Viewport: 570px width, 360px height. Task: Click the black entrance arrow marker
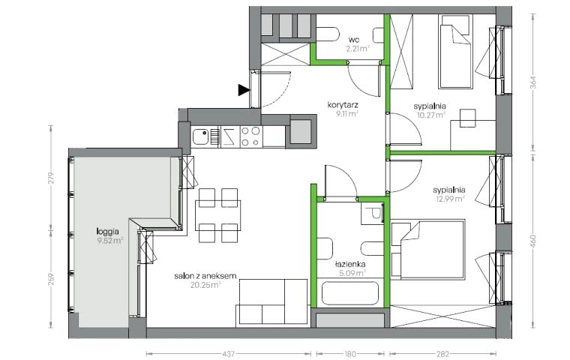pyautogui.click(x=244, y=90)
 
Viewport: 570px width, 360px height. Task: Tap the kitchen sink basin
pyautogui.click(x=200, y=136)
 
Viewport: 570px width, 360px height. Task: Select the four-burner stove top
pyautogui.click(x=251, y=136)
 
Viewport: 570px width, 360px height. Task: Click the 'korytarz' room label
pyautogui.click(x=343, y=105)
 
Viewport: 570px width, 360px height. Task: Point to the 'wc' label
pyautogui.click(x=353, y=39)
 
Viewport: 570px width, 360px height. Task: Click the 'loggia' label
pyautogui.click(x=107, y=231)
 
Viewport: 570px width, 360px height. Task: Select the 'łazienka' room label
pyautogui.click(x=350, y=264)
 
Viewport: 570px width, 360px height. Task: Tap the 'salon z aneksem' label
pyautogui.click(x=205, y=276)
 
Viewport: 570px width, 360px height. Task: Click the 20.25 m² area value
pyautogui.click(x=205, y=285)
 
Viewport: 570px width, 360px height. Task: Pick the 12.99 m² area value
pyautogui.click(x=451, y=199)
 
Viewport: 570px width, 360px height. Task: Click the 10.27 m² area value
pyautogui.click(x=431, y=115)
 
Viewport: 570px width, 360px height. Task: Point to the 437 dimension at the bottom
pyautogui.click(x=228, y=353)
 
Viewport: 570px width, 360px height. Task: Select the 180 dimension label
pyautogui.click(x=350, y=353)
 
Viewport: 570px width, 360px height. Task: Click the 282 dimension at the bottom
pyautogui.click(x=442, y=353)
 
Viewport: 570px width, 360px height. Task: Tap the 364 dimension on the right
pyautogui.click(x=533, y=82)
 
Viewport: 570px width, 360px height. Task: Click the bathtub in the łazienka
pyautogui.click(x=350, y=293)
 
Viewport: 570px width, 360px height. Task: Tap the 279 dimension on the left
pyautogui.click(x=51, y=178)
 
